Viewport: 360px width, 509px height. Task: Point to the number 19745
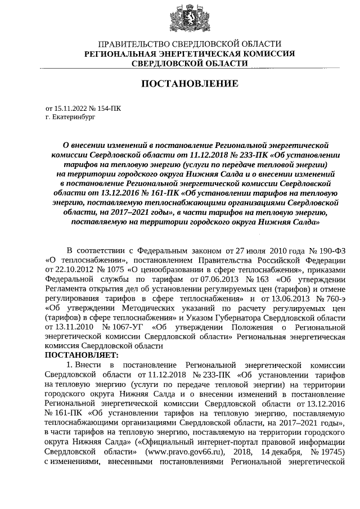[330, 452]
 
